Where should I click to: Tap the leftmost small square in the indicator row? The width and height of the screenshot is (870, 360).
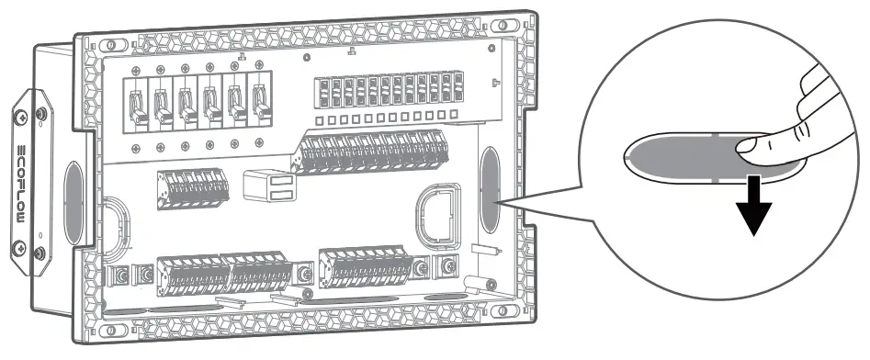click(318, 120)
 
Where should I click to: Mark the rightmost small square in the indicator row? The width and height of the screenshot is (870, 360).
click(453, 114)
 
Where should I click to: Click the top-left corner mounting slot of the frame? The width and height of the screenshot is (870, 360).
click(111, 44)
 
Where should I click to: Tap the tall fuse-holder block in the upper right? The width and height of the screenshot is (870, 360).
click(387, 95)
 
